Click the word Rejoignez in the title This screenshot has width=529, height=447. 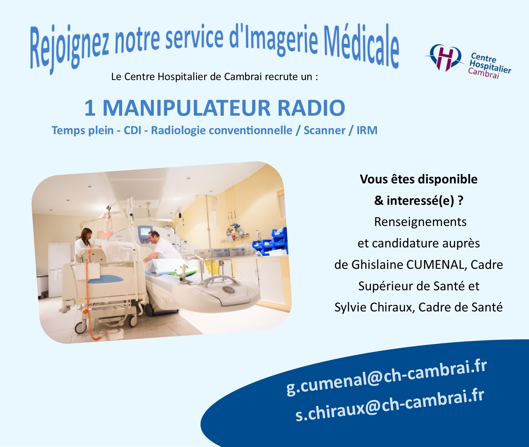click(69, 48)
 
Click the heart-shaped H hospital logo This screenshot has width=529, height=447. click(445, 57)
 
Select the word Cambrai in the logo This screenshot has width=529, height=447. click(483, 73)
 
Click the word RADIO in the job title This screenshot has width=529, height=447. click(311, 108)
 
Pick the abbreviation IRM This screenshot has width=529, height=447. click(367, 130)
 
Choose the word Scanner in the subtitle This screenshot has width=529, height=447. click(324, 130)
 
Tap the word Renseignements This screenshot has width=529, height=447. click(420, 222)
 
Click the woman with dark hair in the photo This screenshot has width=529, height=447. click(83, 242)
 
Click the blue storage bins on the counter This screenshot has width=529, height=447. click(270, 240)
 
